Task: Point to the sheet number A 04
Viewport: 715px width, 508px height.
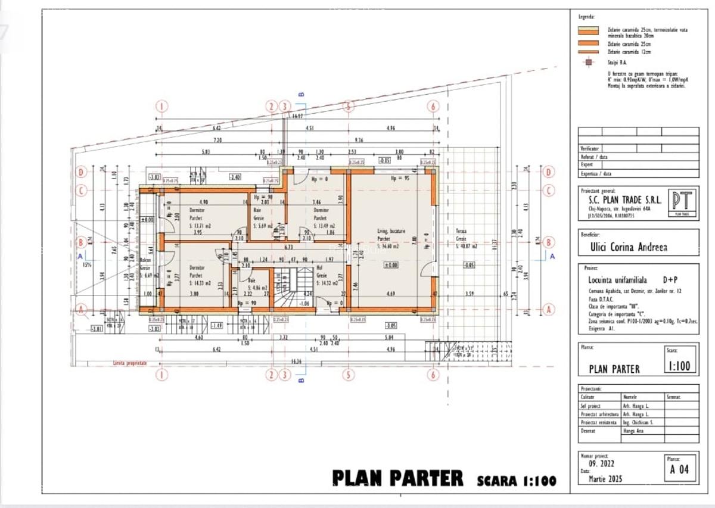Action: (679, 469)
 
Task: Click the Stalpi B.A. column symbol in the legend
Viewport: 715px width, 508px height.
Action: (589, 62)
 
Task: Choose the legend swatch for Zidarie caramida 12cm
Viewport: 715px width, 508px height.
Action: (589, 52)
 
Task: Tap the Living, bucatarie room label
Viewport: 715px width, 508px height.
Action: (391, 231)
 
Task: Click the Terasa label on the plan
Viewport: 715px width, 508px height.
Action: (461, 231)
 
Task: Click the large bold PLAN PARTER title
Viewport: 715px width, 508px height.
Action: (397, 478)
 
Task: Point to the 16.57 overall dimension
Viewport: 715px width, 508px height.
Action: (298, 116)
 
